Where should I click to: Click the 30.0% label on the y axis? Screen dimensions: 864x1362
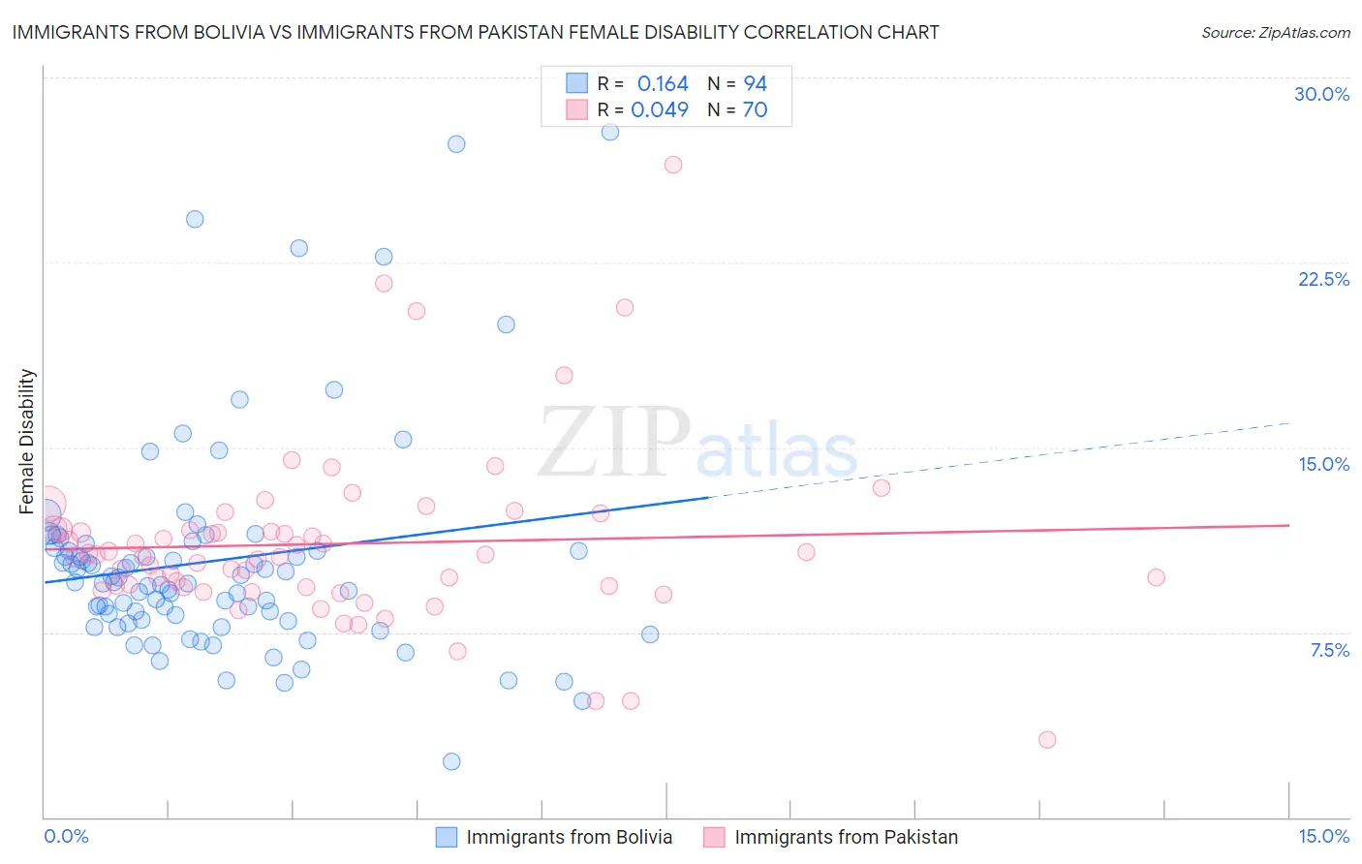point(1321,94)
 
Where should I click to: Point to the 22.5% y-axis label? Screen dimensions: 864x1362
point(1323,279)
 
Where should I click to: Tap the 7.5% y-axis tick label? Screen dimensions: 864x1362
point(1329,650)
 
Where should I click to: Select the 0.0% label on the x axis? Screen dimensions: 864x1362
point(66,836)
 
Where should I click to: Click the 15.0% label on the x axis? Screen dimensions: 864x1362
point(1323,836)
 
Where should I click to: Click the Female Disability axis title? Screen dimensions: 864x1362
point(27,441)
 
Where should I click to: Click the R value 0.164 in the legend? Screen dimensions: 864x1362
point(663,84)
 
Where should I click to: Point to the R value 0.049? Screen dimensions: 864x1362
point(660,109)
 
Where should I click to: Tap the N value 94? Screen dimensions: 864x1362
point(755,84)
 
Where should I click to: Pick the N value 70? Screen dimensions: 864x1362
point(755,109)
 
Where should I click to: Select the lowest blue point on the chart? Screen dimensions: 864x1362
point(451,761)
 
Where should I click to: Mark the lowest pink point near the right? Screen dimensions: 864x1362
point(1047,740)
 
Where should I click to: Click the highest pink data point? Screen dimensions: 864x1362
point(673,165)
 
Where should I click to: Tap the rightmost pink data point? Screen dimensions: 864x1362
point(1156,577)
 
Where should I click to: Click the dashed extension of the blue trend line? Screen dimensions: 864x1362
point(998,459)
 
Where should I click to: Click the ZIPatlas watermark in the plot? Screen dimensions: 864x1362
point(697,443)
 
